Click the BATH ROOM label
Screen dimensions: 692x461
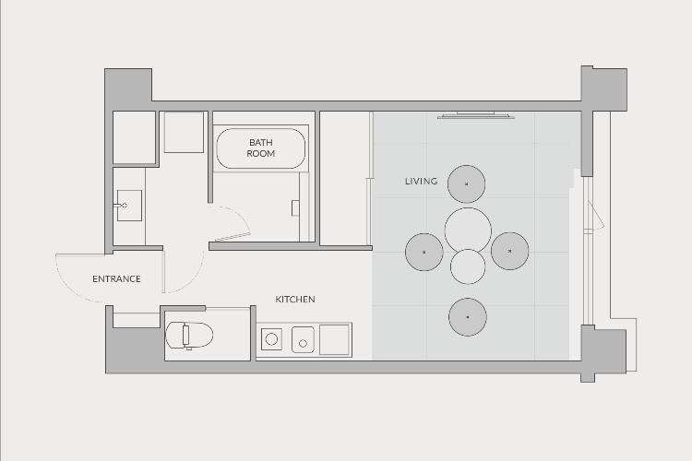pos(260,148)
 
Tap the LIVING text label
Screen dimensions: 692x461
pos(421,181)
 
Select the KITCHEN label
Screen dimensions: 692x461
pos(295,299)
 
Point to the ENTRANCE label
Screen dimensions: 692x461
pos(116,278)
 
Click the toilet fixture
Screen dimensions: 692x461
pos(189,336)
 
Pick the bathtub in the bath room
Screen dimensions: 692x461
pos(260,148)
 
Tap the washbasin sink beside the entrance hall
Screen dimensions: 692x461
pos(129,206)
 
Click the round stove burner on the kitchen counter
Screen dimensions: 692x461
pos(271,339)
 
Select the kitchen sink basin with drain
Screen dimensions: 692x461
pos(303,339)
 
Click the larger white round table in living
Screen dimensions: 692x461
pos(468,230)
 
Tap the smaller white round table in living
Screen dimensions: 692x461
pos(468,266)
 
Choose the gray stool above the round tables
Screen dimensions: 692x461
pos(467,184)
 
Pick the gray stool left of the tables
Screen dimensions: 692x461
pos(424,252)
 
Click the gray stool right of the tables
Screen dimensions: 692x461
pos(509,251)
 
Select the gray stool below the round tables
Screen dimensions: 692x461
pos(468,317)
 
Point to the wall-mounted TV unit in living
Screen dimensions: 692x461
pos(476,115)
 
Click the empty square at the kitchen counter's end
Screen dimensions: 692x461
pos(335,339)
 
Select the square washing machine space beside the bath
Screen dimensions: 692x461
pos(184,133)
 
